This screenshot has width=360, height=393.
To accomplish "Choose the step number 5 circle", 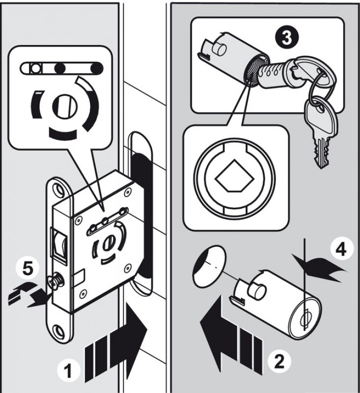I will click(28, 269).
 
